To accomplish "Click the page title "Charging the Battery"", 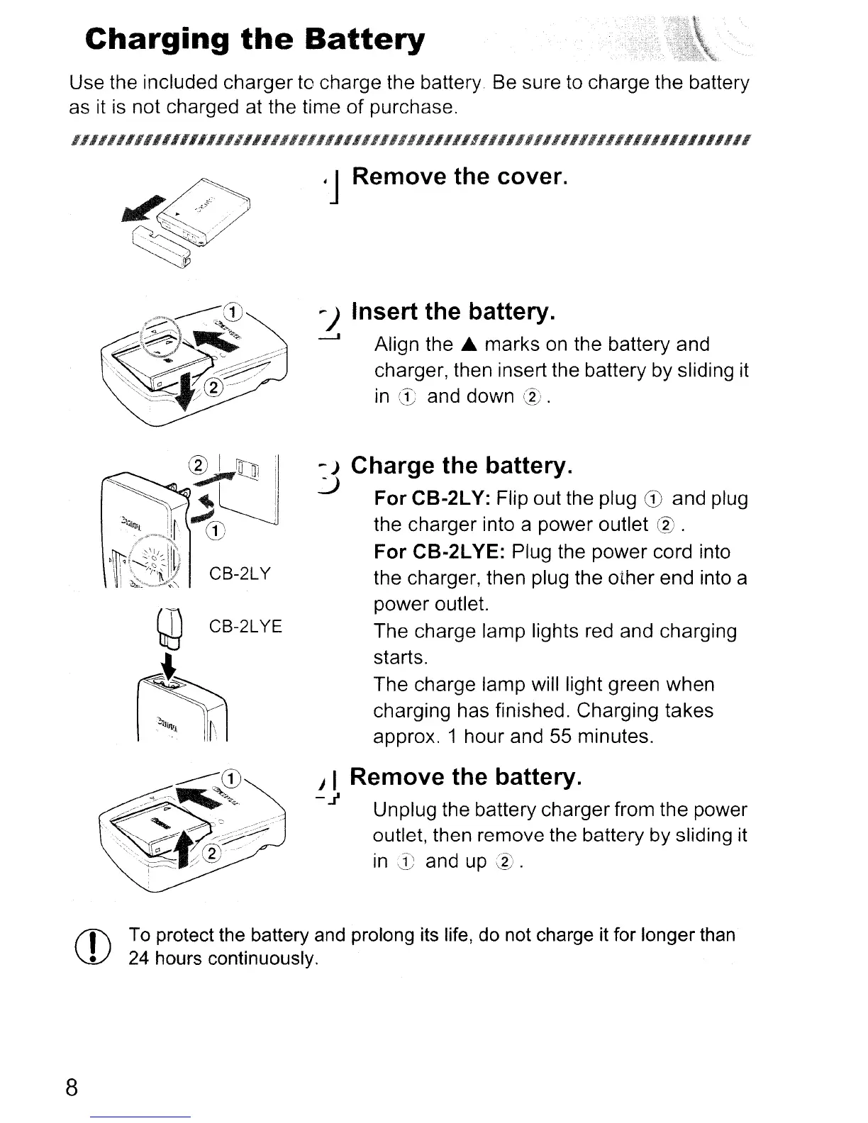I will [x=255, y=41].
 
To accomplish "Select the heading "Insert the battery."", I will [x=452, y=312].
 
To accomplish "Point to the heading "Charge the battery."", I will [x=461, y=466].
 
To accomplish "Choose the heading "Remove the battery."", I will [x=466, y=777].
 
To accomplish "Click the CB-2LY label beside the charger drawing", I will [x=240, y=573].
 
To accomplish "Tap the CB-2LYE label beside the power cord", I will [x=245, y=627].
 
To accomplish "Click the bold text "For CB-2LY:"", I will [x=433, y=499].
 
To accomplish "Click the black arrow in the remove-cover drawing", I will [x=140, y=210].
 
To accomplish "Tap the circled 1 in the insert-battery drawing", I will [x=233, y=311].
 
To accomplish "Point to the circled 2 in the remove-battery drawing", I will [x=212, y=853].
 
